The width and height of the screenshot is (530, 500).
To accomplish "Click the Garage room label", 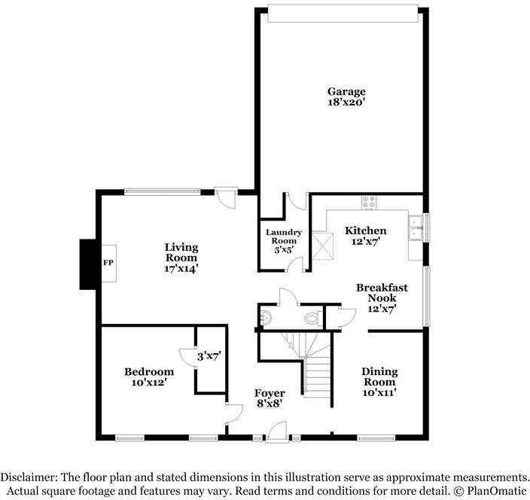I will [346, 92].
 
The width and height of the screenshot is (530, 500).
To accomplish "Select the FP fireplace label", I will [107, 264].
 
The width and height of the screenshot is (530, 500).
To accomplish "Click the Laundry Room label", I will [283, 236].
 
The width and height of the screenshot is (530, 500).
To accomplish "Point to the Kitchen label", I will [365, 230].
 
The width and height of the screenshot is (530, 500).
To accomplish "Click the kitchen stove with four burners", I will [369, 202].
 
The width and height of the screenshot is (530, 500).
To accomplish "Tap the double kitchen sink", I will [414, 227].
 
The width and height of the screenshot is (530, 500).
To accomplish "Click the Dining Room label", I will [379, 377].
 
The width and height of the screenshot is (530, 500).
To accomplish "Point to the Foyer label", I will [270, 393].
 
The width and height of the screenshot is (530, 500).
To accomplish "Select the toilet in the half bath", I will [311, 319].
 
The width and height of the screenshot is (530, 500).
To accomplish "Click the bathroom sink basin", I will [263, 318].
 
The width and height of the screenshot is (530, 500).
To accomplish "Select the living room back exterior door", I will [225, 194].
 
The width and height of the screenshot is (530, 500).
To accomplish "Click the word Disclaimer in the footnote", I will [29, 477].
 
